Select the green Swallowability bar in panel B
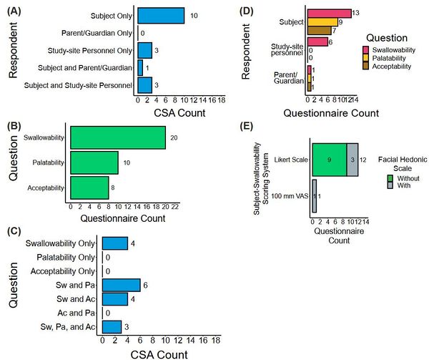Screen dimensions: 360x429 tap(118, 137)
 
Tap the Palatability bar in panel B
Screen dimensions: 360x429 tap(94, 163)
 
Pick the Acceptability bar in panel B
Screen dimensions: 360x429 tap(89, 189)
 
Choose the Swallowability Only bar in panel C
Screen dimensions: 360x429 tap(115, 244)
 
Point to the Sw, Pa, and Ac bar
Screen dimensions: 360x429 tap(112, 326)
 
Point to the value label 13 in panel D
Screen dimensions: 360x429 tap(357, 13)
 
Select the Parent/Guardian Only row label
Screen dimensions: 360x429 tap(95, 33)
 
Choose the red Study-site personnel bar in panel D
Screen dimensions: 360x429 tap(318, 42)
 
